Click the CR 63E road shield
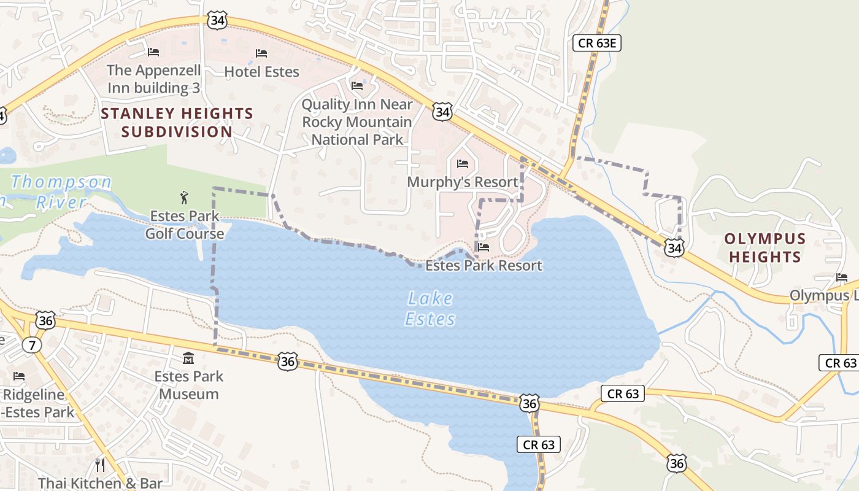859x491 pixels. pyautogui.click(x=597, y=42)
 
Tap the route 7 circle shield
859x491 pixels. pyautogui.click(x=32, y=345)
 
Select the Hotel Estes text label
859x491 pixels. pyautogui.click(x=261, y=72)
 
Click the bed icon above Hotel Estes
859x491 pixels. pyautogui.click(x=261, y=53)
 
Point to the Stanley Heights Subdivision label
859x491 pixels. pyautogui.click(x=177, y=122)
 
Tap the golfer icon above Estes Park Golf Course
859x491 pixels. pyautogui.click(x=184, y=198)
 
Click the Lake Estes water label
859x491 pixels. pyautogui.click(x=431, y=309)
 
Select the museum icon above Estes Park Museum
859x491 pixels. pyautogui.click(x=188, y=358)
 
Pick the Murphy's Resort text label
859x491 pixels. pyautogui.click(x=463, y=182)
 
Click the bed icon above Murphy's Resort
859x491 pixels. pyautogui.click(x=463, y=164)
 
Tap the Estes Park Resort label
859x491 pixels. pyautogui.click(x=483, y=266)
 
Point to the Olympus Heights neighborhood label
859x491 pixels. pyautogui.click(x=765, y=247)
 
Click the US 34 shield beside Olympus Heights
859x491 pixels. pyautogui.click(x=674, y=248)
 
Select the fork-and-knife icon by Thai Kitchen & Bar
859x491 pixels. pyautogui.click(x=100, y=465)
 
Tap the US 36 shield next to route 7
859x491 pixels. pyautogui.click(x=45, y=320)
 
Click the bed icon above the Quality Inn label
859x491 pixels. pyautogui.click(x=357, y=86)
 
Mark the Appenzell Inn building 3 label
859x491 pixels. pyautogui.click(x=153, y=79)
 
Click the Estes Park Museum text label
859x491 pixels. pyautogui.click(x=188, y=385)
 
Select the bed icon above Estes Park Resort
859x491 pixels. pyautogui.click(x=483, y=247)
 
